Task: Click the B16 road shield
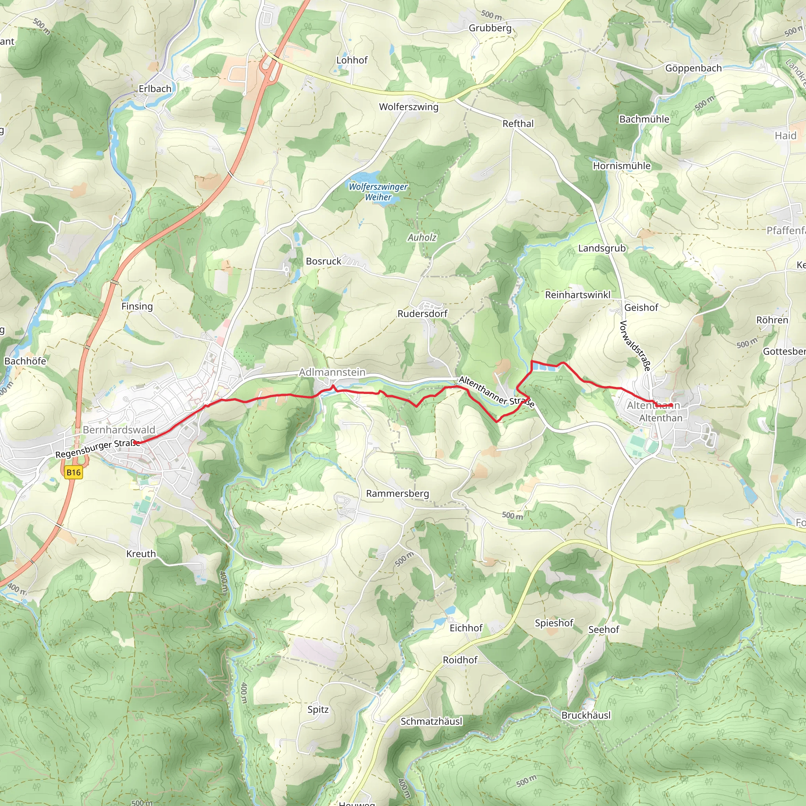point(74,472)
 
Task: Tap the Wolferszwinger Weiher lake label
point(378,192)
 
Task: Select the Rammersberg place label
point(397,494)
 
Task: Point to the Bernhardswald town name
point(119,430)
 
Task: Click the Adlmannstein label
point(332,372)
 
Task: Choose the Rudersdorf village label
point(422,313)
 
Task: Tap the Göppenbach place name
point(693,68)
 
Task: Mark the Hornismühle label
point(621,166)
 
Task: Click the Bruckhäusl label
point(586,715)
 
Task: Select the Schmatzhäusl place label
point(431,721)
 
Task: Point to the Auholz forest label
point(422,237)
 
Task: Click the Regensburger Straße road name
point(98,449)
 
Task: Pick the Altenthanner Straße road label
point(496,391)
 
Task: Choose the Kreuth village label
point(141,554)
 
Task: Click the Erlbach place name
point(155,89)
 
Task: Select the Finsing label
point(137,306)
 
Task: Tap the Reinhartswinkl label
point(577,294)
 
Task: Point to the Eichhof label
point(466,628)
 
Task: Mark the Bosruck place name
point(324,261)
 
